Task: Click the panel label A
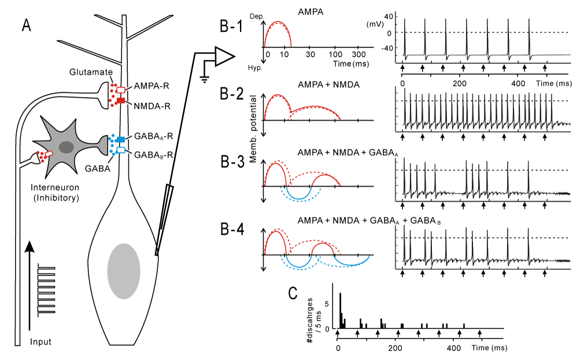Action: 26,25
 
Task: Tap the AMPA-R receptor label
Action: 151,86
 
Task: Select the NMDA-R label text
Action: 152,106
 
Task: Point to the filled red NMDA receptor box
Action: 121,101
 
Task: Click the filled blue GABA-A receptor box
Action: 121,139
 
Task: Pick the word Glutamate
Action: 91,72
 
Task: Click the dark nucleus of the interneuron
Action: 66,147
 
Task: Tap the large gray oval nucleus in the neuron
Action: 124,271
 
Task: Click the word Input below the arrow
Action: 40,342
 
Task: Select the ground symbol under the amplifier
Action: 205,79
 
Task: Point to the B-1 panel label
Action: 231,27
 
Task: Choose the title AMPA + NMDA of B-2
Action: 328,85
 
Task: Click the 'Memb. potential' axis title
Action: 253,129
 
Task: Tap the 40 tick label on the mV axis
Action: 389,16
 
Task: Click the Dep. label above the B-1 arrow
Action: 257,17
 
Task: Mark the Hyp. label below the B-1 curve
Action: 255,68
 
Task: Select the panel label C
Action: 293,293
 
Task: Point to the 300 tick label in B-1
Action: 358,55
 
